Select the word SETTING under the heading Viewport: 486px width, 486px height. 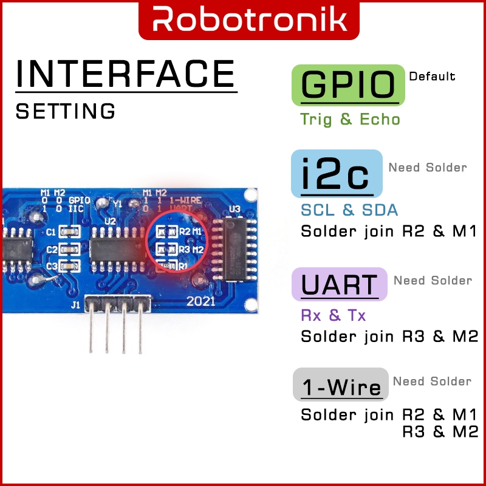(x=66, y=111)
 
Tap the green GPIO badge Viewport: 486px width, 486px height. (x=348, y=85)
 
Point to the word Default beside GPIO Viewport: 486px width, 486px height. (x=432, y=77)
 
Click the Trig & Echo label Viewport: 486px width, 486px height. (x=351, y=119)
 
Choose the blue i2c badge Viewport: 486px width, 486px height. (x=336, y=174)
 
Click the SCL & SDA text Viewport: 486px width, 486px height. (x=349, y=210)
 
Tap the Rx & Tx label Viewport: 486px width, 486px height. (x=334, y=315)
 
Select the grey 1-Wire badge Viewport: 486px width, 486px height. (x=341, y=385)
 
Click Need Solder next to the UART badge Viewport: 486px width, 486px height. (x=433, y=280)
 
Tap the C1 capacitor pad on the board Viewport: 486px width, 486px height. (x=69, y=231)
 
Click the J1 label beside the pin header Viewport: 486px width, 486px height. (x=75, y=305)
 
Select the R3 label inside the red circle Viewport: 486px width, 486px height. (x=183, y=249)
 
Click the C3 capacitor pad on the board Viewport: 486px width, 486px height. (x=69, y=265)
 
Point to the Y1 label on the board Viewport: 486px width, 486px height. (x=117, y=204)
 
